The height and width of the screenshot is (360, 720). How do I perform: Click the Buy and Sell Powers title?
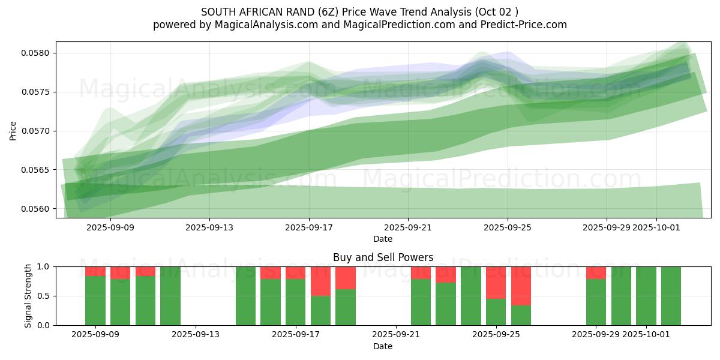[x=383, y=257]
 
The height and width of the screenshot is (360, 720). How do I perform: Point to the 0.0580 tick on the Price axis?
[x=37, y=53]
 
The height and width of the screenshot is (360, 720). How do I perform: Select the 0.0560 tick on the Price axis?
[x=37, y=209]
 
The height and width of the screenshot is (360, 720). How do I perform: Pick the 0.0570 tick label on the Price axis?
[x=37, y=131]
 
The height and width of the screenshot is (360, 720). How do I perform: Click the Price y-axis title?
[x=13, y=130]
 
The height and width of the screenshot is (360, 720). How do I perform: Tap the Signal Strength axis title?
[x=28, y=296]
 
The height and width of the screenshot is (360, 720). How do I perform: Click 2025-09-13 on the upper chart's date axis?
[x=209, y=227]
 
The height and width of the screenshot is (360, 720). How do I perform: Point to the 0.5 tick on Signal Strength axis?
[x=43, y=296]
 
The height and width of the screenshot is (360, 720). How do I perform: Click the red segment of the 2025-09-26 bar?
[x=521, y=286]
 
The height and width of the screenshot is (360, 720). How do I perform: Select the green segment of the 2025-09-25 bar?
[x=496, y=312]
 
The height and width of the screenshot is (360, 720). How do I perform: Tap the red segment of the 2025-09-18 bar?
[x=320, y=281]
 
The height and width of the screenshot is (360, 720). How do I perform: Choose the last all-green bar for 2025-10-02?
[x=671, y=296]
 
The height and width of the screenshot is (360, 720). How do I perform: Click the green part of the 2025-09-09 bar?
[x=95, y=301]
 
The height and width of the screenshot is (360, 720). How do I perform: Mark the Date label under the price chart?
[x=383, y=239]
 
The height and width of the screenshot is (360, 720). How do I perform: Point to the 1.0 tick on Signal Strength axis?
[x=43, y=266]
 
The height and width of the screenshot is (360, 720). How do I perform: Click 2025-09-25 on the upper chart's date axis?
[x=508, y=227]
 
